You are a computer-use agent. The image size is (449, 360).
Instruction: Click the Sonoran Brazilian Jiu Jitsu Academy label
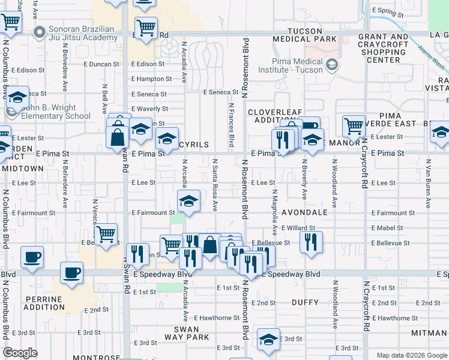coord(70,33)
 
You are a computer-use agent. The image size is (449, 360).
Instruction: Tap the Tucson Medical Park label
coord(304,35)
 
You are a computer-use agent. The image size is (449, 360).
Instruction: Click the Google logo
coord(20,353)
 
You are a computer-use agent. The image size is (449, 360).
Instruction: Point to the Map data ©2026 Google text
coord(412,355)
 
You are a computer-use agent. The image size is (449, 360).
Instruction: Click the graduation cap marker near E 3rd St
coord(268,340)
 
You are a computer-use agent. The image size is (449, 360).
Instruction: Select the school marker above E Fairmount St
coord(188,202)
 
